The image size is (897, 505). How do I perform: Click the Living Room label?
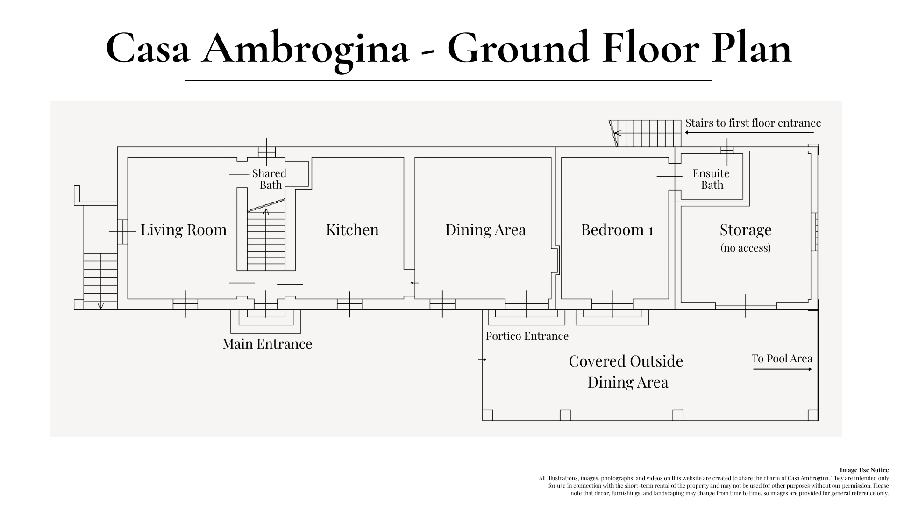point(183,230)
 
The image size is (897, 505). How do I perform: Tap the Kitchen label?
point(352,230)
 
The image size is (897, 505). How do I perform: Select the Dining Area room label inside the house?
point(485,230)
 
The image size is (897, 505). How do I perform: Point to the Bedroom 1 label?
point(617,230)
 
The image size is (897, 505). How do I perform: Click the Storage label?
point(745,230)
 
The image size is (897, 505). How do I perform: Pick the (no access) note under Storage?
point(745,248)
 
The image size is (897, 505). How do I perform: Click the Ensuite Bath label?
point(711,179)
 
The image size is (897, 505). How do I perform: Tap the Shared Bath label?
point(270,179)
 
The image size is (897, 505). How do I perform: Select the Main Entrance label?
point(267,344)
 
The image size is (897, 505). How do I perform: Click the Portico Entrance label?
point(527,336)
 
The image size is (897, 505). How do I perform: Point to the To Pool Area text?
point(782,359)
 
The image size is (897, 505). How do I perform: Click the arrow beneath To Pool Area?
point(782,369)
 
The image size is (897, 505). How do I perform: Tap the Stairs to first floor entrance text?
point(753,123)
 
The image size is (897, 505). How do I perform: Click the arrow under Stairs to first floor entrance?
point(749,133)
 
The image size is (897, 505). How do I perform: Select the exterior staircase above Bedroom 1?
point(647,133)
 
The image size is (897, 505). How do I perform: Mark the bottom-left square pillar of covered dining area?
point(487,415)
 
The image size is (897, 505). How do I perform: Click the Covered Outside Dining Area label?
point(626,371)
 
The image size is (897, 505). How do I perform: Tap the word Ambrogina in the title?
point(305,48)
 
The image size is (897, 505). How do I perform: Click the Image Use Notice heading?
point(864,470)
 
